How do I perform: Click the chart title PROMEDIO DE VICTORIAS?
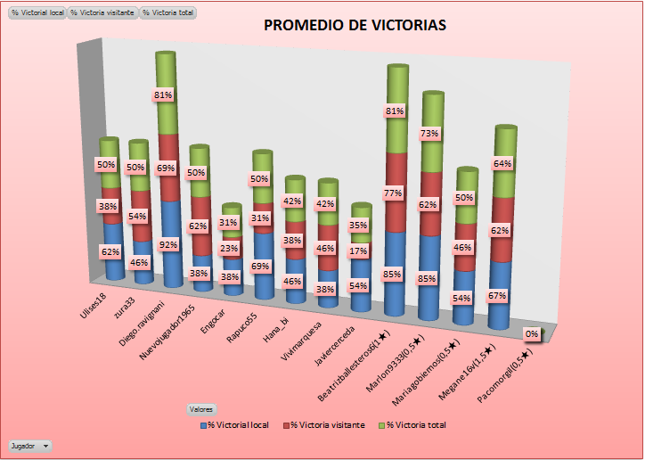click(355, 25)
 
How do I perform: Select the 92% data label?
click(169, 244)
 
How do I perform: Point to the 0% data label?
click(532, 334)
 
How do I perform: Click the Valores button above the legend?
click(200, 408)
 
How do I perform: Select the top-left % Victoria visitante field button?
click(103, 13)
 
